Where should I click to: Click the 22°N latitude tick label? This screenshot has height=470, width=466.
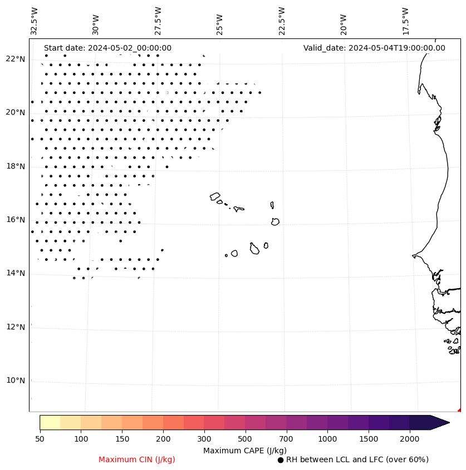pyautogui.click(x=15, y=59)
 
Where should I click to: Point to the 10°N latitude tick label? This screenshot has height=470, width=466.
pyautogui.click(x=15, y=380)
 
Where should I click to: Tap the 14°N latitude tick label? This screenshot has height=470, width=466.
pyautogui.click(x=15, y=273)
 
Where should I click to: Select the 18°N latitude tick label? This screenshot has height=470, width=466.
pyautogui.click(x=15, y=166)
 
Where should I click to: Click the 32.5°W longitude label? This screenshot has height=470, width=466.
pyautogui.click(x=35, y=21)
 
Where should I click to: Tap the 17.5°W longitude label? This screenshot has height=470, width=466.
pyautogui.click(x=405, y=21)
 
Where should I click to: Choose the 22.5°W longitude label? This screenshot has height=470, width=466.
pyautogui.click(x=282, y=21)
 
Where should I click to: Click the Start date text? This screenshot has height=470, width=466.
pyautogui.click(x=107, y=48)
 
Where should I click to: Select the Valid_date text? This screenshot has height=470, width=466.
pyautogui.click(x=374, y=48)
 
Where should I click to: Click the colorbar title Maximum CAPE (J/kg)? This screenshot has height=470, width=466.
pyautogui.click(x=244, y=451)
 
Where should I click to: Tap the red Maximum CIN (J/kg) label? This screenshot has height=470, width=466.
pyautogui.click(x=137, y=460)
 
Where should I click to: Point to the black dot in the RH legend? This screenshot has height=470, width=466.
pyautogui.click(x=281, y=460)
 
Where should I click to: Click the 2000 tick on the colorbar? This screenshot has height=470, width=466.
pyautogui.click(x=409, y=439)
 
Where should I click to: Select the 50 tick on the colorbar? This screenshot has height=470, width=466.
pyautogui.click(x=40, y=439)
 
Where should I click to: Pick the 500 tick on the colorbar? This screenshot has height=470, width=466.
pyautogui.click(x=245, y=439)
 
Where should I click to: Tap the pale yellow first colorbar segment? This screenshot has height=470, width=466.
pyautogui.click(x=50, y=422)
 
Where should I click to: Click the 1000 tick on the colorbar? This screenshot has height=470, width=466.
pyautogui.click(x=327, y=439)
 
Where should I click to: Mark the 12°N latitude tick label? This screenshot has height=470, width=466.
pyautogui.click(x=15, y=327)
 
